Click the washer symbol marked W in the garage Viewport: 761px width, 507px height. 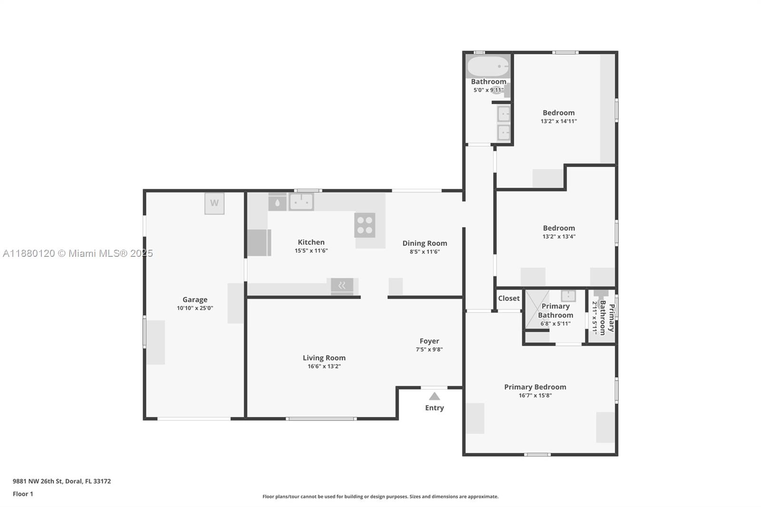click(215, 204)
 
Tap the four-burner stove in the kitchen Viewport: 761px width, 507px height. click(365, 225)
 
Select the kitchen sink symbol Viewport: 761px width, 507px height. click(301, 202)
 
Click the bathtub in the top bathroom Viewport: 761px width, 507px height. click(488, 66)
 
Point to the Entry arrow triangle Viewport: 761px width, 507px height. click(434, 396)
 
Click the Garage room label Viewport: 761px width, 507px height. click(195, 299)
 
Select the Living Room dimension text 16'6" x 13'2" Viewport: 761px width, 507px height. click(324, 366)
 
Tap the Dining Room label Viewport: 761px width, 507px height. click(425, 244)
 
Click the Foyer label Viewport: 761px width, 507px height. click(429, 341)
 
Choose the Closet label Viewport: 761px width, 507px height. click(508, 298)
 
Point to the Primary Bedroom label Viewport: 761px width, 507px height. click(535, 387)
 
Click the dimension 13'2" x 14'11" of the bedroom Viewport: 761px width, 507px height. click(559, 121)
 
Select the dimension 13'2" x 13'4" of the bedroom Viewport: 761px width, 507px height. click(559, 236)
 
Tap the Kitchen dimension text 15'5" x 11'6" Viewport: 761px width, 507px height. click(311, 251)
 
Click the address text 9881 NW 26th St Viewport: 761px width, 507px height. click(38, 481)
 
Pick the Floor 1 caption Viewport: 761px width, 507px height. click(23, 494)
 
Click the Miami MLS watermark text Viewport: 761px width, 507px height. click(78, 253)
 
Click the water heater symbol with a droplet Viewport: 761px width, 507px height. click(277, 203)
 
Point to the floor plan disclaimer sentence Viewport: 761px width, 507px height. click(380, 497)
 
